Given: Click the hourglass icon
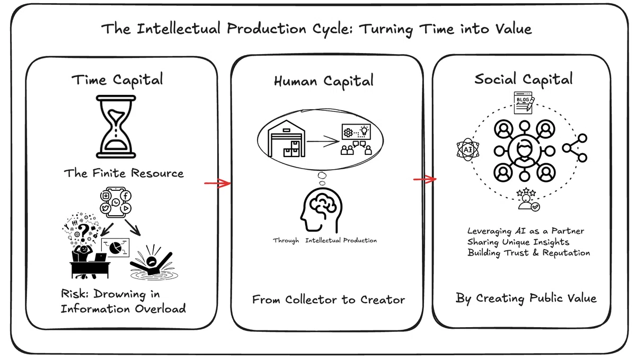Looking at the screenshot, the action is (116, 126).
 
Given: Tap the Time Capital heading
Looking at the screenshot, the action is (117, 80).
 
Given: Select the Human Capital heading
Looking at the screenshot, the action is (324, 82).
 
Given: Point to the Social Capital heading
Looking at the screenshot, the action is (524, 80).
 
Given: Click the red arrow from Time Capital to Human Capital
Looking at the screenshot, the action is (217, 183).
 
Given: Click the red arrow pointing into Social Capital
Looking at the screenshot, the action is (425, 179).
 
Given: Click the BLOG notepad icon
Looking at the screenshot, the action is (524, 102).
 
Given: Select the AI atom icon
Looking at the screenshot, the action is (468, 150).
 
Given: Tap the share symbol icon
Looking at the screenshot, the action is (575, 148).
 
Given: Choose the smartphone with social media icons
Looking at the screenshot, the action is (116, 202).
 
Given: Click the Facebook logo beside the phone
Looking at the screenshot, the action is (126, 196).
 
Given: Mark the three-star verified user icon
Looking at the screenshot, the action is (527, 199).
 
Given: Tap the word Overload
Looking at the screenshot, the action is (160, 309).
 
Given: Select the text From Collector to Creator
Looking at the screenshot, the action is (329, 300).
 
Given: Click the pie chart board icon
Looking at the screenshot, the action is (115, 247).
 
